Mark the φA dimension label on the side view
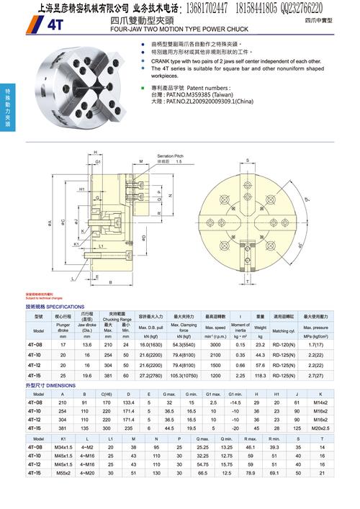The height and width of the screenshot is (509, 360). [49, 225]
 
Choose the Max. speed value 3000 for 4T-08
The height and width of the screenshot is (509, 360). [215, 346]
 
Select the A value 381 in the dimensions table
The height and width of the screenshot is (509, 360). [63, 427]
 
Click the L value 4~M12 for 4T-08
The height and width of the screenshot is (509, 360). [88, 447]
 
